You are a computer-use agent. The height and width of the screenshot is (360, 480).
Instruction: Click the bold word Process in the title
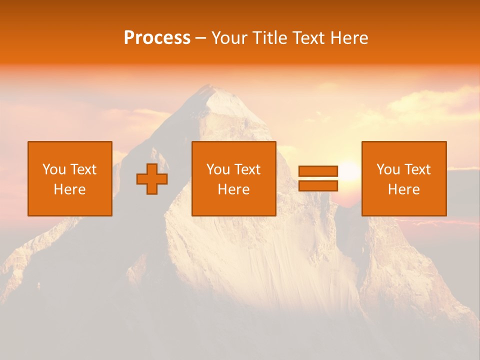pyautogui.click(x=157, y=38)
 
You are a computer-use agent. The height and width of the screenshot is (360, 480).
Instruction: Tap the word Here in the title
pyautogui.click(x=348, y=38)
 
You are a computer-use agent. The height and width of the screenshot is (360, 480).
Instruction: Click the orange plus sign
pyautogui.click(x=152, y=179)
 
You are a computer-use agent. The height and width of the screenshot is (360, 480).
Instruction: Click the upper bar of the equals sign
pyautogui.click(x=318, y=171)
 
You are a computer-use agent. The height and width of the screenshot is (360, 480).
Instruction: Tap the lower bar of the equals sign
pyautogui.click(x=318, y=186)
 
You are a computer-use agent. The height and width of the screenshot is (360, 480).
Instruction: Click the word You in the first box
pyautogui.click(x=54, y=169)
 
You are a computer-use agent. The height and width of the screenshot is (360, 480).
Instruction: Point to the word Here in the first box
pyautogui.click(x=69, y=189)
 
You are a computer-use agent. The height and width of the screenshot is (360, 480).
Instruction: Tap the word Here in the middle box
pyautogui.click(x=233, y=189)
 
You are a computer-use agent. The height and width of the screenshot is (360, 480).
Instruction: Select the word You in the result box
pyautogui.click(x=388, y=169)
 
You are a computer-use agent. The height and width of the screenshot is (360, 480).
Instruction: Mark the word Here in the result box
pyautogui.click(x=403, y=189)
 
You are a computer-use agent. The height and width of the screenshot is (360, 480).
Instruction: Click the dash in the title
pyautogui.click(x=201, y=38)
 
